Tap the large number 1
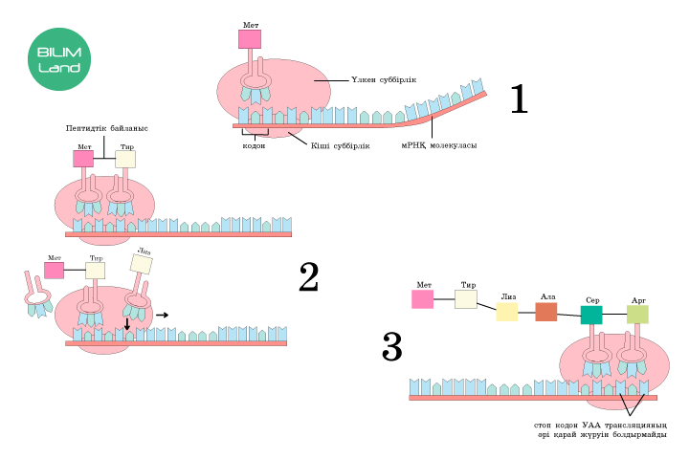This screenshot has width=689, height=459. coord(519,99)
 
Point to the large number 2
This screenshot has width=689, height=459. coord(308,277)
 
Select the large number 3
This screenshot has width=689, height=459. coord(392,347)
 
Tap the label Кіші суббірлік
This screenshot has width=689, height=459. coord(340,145)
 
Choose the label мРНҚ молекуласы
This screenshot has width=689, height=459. coord(438,145)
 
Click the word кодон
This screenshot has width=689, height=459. coord(254,145)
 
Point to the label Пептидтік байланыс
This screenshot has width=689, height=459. coord(107,127)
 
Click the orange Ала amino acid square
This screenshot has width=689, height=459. coord(546,312)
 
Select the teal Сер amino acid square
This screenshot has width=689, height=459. coord(591,315)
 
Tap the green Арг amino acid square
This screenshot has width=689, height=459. coord(637,315)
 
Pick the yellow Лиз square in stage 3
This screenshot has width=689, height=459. coord(507,312)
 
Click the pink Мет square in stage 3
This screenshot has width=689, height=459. coord(423,299)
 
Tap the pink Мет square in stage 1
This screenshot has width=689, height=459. coord(250,39)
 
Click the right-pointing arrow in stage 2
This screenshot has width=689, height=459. coord(163,313)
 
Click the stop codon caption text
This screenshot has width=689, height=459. coord(601,430)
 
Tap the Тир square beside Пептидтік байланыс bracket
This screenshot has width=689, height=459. coord(125,159)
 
